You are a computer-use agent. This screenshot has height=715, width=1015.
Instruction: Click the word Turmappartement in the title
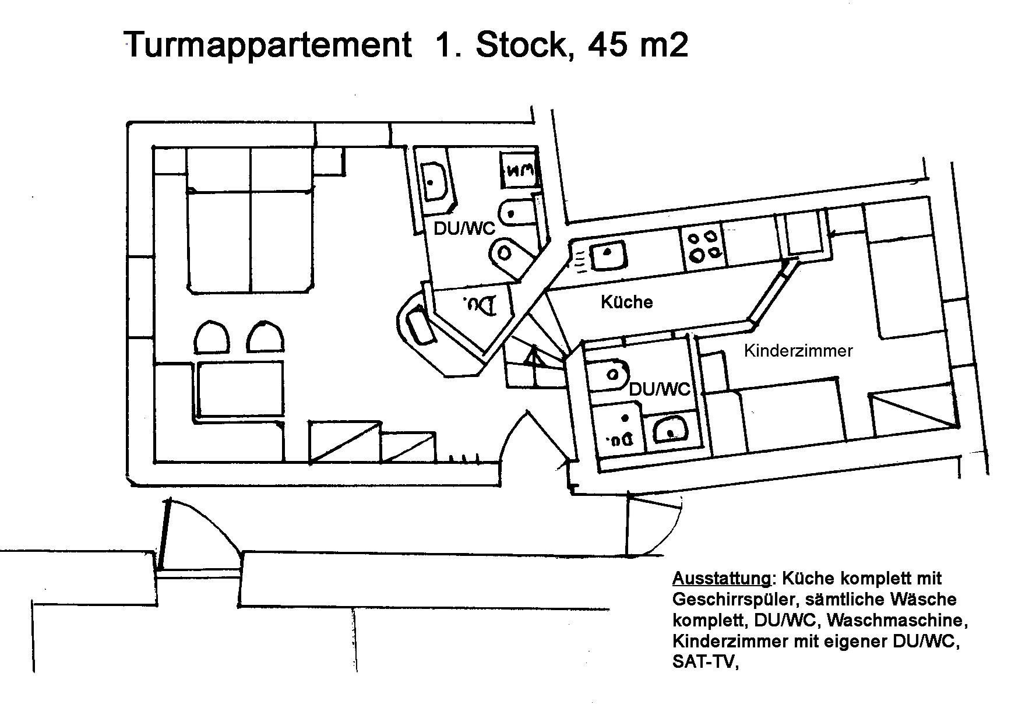[267, 44]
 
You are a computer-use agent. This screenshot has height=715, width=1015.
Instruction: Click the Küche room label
[626, 302]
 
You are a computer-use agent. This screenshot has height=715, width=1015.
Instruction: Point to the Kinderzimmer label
[798, 351]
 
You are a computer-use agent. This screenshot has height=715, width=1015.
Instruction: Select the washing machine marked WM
[518, 171]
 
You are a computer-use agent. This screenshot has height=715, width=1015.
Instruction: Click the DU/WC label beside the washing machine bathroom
[464, 228]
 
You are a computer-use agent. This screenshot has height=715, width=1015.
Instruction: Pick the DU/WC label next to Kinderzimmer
[660, 389]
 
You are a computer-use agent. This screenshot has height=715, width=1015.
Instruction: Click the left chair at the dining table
[211, 337]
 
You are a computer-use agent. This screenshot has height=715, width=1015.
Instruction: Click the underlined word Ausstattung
[721, 578]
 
